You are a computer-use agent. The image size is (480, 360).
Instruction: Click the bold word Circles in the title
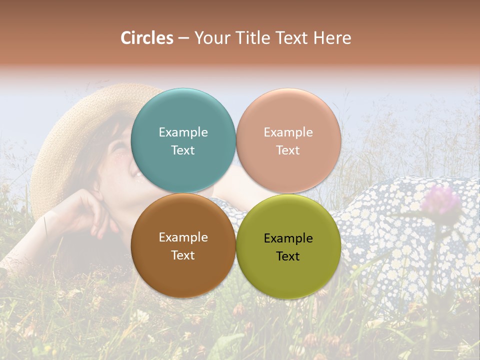(x=147, y=38)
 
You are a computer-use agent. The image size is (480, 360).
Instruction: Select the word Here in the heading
(x=332, y=38)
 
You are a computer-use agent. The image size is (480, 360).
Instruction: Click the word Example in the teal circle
(x=183, y=132)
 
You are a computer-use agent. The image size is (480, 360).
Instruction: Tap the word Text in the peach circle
(x=288, y=150)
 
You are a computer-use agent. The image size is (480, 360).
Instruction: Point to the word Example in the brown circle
(x=183, y=237)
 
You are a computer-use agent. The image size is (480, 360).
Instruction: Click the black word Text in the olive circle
(x=288, y=256)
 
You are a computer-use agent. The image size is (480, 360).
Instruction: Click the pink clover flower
(x=440, y=200)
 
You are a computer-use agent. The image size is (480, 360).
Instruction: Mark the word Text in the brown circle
(x=183, y=255)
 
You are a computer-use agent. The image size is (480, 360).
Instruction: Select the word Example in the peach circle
(x=288, y=132)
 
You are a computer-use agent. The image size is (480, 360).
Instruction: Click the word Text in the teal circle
(x=183, y=150)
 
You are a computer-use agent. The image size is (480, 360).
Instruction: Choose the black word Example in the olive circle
(x=288, y=238)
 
